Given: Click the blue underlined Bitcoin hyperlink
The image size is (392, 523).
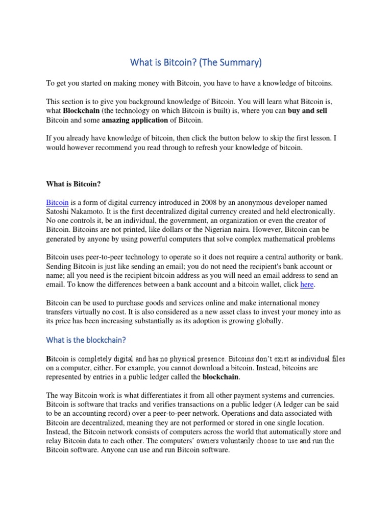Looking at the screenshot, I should pyautogui.click(x=57, y=203).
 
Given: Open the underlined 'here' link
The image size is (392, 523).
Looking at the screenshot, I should pyautogui.click(x=307, y=284).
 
